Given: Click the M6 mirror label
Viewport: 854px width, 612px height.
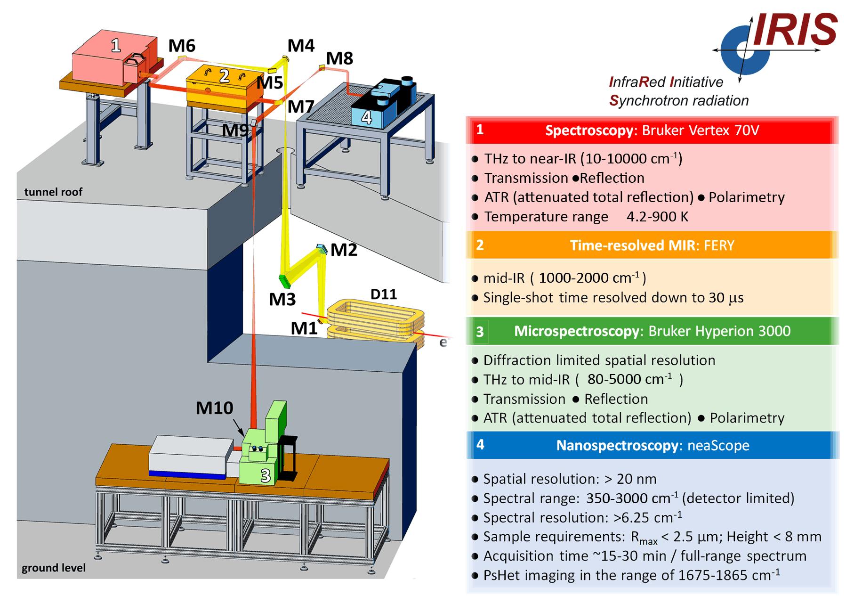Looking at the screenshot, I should pos(182,46).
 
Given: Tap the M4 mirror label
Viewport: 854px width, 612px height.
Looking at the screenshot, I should pos(301,46).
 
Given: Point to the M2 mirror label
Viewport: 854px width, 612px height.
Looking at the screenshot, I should pos(344,250).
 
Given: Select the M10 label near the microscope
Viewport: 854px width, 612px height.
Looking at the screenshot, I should pos(214,408).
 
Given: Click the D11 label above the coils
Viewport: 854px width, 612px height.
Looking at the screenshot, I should pos(384,294).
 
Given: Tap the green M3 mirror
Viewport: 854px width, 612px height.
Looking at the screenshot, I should pos(285,281).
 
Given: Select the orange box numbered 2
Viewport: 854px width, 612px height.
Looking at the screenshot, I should pos(224,87).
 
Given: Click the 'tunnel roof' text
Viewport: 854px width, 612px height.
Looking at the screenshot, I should pos(53,192).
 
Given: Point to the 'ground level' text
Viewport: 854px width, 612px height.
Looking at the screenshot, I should pos(54,568).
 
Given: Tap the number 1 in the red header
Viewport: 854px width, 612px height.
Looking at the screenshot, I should pos(480,130).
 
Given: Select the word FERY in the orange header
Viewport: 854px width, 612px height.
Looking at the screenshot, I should pos(719,245).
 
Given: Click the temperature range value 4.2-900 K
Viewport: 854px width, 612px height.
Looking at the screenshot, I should pos(657,217).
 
